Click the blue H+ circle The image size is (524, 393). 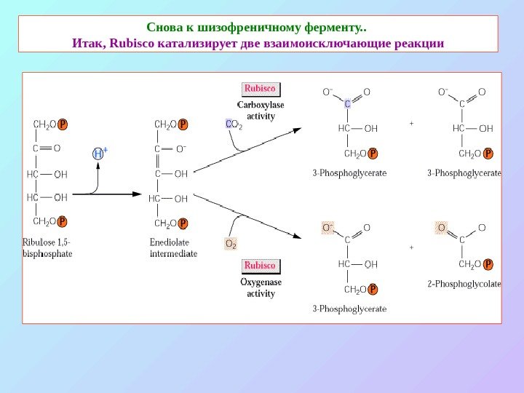[x=100, y=154]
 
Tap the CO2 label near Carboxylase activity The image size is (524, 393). [x=234, y=125]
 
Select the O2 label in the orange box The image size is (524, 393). [x=231, y=243]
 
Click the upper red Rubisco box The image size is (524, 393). [x=260, y=89]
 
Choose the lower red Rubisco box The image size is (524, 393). [x=261, y=266]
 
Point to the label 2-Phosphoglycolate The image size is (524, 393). [x=464, y=284]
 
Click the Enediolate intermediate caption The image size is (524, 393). [x=173, y=248]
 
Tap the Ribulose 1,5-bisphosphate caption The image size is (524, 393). [x=47, y=248]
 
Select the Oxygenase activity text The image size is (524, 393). [x=261, y=288]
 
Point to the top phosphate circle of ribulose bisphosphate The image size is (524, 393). [x=63, y=124]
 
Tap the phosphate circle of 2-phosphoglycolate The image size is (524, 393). [x=488, y=264]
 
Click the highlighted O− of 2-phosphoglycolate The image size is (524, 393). [x=440, y=228]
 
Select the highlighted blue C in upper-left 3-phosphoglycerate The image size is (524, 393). [x=347, y=104]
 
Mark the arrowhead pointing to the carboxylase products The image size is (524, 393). [x=297, y=130]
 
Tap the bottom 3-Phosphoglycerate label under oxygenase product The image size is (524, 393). [x=349, y=309]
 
